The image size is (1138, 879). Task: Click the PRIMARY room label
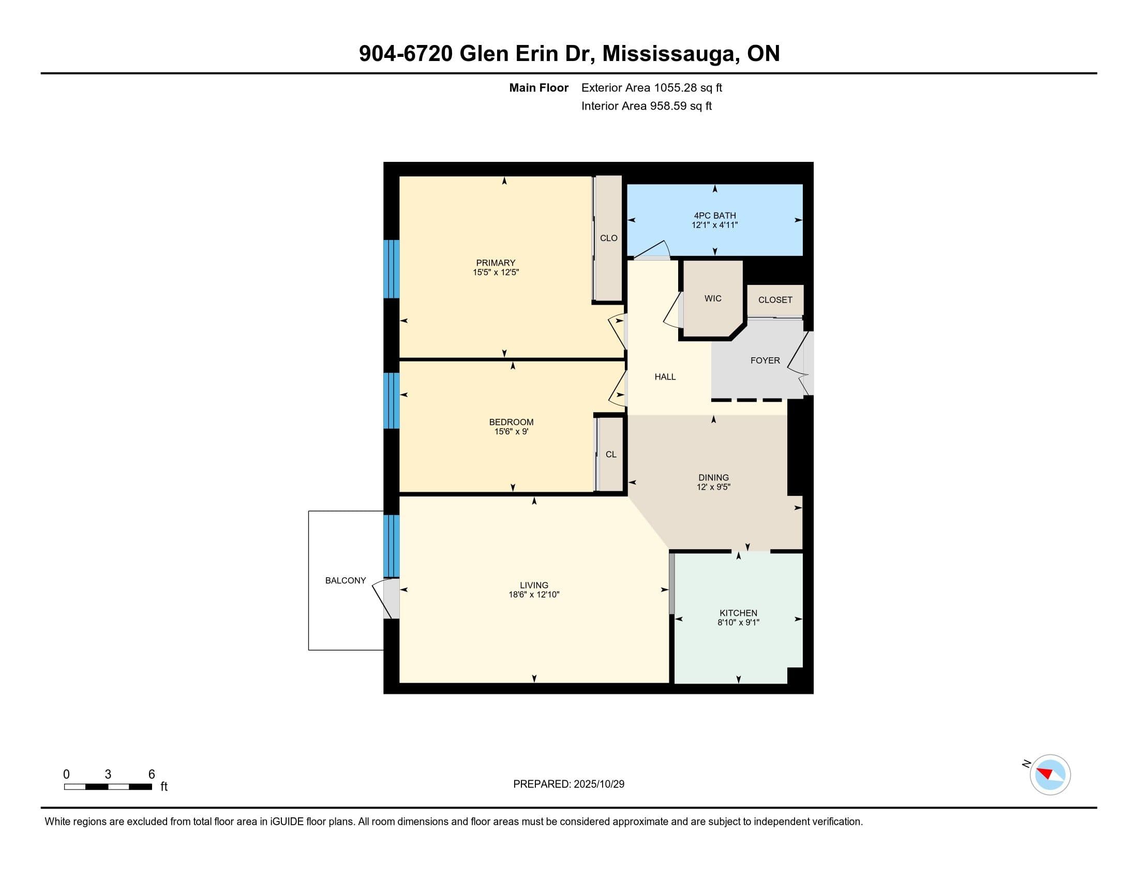click(495, 263)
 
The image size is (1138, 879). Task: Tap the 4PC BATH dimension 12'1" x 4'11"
click(714, 225)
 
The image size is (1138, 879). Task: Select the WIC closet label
click(712, 298)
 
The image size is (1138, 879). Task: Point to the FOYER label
click(765, 360)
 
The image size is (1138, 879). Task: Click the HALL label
click(665, 376)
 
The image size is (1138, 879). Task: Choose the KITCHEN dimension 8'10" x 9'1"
click(738, 622)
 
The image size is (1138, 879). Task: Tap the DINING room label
click(713, 478)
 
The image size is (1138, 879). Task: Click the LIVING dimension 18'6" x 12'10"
click(534, 594)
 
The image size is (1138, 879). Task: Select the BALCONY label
click(346, 580)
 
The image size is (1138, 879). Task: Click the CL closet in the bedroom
click(611, 454)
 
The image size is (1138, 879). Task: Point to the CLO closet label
click(608, 238)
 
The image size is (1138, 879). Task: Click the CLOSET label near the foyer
click(775, 300)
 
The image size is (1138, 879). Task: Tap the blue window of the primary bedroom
click(392, 269)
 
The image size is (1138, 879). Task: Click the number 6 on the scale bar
click(152, 774)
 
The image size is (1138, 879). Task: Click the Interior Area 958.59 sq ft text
click(646, 106)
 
